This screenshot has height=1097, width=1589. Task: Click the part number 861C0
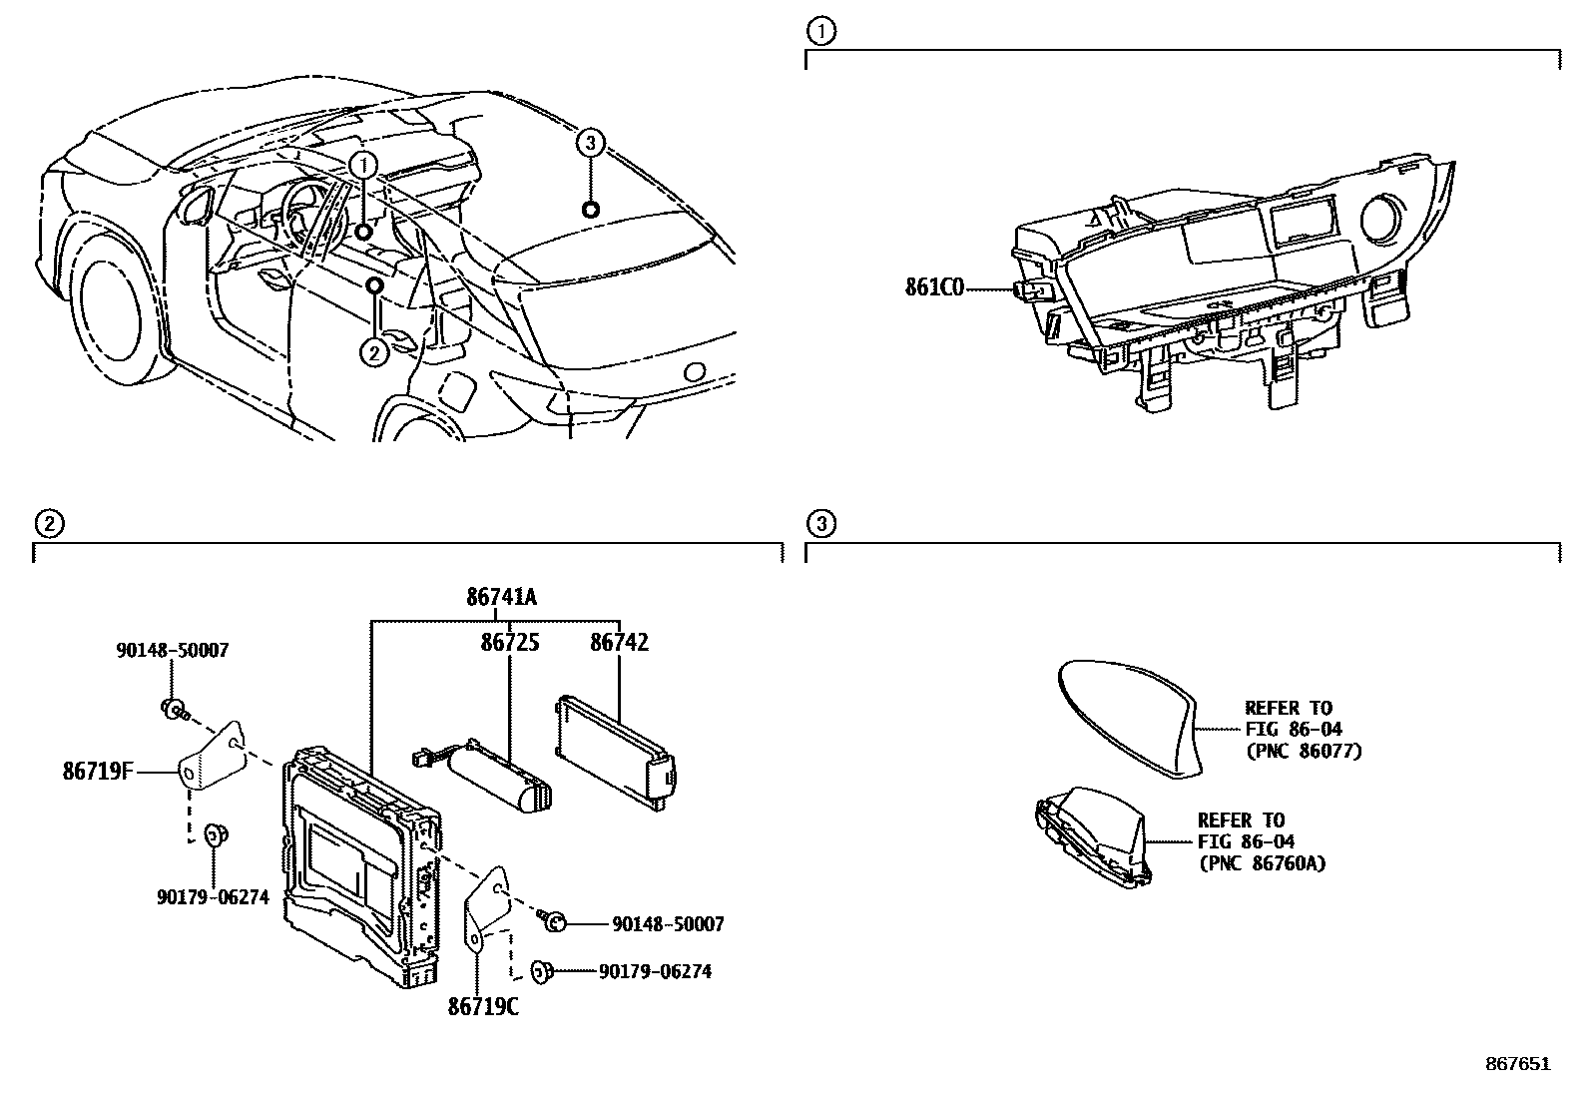coord(934,288)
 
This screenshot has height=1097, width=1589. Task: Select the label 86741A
coord(501,598)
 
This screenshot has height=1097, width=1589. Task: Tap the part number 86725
coord(510,643)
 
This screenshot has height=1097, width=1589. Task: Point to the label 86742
coord(619,643)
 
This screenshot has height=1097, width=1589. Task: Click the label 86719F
coord(98,771)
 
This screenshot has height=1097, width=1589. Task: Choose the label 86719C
coord(483,1007)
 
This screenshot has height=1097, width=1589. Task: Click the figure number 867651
coord(1518,1064)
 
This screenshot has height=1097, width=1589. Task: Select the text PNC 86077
coord(1304,751)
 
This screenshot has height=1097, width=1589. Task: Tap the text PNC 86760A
coord(1262,863)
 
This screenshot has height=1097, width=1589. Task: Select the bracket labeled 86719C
coord(487,910)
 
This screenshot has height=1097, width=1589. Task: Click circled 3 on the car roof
coord(590,144)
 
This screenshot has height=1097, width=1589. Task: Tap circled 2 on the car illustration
coord(374,352)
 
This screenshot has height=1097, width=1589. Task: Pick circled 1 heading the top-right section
coord(821,31)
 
